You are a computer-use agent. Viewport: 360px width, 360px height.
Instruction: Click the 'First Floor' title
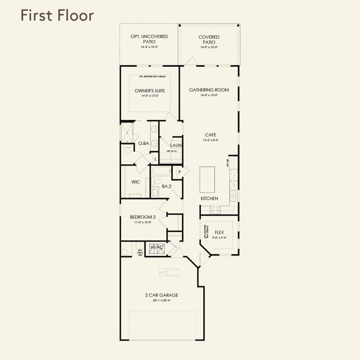click(57, 16)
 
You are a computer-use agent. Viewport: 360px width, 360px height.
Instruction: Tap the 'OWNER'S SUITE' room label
click(150, 91)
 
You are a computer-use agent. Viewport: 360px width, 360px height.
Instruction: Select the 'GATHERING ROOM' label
click(209, 90)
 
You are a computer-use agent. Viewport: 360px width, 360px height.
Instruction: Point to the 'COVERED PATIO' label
click(209, 39)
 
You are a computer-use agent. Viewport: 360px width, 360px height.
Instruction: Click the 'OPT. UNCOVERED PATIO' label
click(149, 39)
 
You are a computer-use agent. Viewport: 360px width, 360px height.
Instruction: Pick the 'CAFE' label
click(210, 135)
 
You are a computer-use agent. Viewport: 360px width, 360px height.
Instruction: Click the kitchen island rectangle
click(207, 180)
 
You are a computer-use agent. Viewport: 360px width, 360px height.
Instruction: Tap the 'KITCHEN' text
click(209, 198)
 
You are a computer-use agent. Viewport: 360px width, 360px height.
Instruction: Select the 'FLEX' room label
click(219, 232)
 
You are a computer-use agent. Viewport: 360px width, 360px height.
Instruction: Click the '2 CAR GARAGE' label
click(161, 295)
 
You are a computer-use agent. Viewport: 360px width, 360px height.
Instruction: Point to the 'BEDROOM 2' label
click(143, 217)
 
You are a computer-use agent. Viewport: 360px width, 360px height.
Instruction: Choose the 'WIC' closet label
click(135, 182)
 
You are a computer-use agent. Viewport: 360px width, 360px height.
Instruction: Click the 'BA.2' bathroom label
click(166, 187)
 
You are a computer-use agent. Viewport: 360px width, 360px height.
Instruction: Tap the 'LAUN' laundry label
click(175, 146)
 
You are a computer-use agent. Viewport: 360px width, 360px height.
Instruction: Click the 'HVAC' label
click(157, 247)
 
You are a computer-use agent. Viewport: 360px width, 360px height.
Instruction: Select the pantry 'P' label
click(180, 172)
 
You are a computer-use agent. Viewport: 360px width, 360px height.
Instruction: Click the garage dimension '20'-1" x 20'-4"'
click(161, 301)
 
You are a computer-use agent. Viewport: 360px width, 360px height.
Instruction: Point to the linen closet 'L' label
click(156, 159)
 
